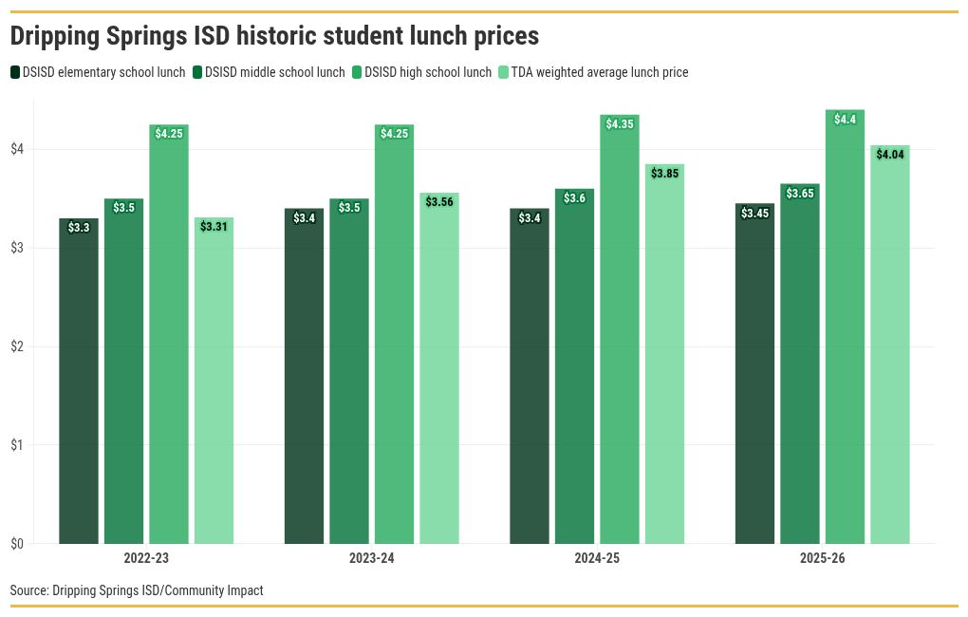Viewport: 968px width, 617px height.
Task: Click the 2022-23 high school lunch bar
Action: [169, 334]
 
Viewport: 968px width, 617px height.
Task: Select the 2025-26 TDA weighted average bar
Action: [890, 345]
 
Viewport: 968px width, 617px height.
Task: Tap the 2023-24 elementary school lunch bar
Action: [304, 376]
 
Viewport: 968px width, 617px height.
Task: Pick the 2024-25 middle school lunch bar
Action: [574, 366]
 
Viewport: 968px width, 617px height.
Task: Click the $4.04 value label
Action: [890, 155]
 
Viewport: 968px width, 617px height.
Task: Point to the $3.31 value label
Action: [214, 227]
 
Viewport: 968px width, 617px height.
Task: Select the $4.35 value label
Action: [620, 124]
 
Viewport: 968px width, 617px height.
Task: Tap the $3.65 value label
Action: [800, 194]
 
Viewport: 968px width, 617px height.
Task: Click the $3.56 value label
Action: [439, 202]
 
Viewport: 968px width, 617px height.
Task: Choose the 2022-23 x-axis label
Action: [146, 558]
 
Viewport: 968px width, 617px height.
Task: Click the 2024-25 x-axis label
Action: [597, 558]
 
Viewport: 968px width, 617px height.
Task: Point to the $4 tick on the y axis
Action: [17, 149]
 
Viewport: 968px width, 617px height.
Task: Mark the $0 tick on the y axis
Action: [17, 544]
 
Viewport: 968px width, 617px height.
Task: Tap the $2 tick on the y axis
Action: [17, 346]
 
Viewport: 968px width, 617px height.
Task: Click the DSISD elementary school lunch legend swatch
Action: [15, 72]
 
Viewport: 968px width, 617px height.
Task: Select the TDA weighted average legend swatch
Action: [504, 72]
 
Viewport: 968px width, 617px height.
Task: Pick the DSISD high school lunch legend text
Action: [428, 72]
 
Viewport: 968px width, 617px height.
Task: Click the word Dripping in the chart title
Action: [55, 36]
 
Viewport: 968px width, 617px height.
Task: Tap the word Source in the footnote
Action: [29, 590]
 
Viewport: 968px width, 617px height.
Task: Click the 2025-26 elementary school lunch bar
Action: [755, 374]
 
